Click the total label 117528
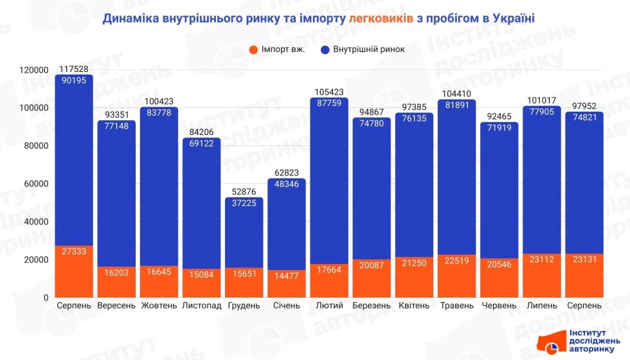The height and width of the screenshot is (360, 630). (x=74, y=69)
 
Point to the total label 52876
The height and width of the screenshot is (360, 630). (x=244, y=192)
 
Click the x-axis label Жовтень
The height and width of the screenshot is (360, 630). (x=159, y=305)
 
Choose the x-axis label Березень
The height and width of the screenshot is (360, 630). (x=371, y=305)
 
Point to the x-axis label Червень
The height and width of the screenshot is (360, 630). (x=498, y=305)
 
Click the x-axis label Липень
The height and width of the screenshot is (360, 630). (x=541, y=305)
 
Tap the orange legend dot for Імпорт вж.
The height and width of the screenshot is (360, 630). (x=253, y=50)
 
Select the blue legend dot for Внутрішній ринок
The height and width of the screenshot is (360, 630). (x=324, y=50)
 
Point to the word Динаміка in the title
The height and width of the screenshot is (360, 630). (x=132, y=19)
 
